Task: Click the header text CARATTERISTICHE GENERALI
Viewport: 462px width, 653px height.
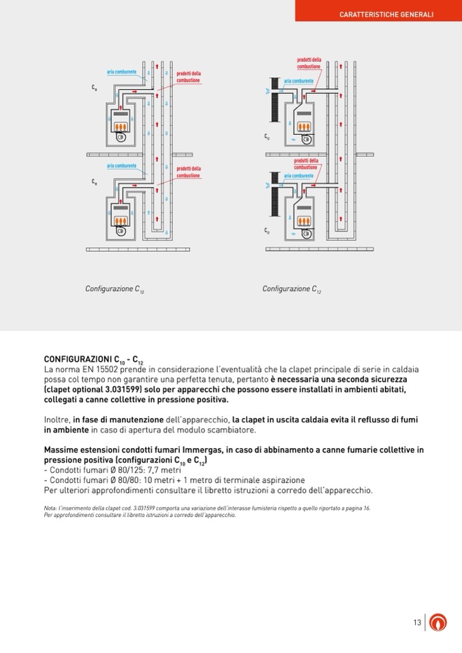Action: pos(386,14)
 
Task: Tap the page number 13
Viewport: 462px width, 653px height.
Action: pos(417,622)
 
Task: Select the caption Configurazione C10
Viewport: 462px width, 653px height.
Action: pos(114,289)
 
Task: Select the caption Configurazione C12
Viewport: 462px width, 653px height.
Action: pos(292,289)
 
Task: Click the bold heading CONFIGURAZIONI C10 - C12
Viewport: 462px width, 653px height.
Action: pos(94,359)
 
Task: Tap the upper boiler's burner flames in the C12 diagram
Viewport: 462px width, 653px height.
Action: pos(305,127)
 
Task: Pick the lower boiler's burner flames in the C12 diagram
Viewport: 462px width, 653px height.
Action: pos(304,222)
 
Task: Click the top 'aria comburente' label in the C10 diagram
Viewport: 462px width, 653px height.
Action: pos(121,72)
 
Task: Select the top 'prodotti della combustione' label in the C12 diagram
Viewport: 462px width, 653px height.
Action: pos(309,63)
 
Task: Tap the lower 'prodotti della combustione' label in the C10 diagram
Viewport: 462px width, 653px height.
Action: pos(188,172)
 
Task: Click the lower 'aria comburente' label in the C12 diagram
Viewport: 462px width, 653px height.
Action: pos(298,176)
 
